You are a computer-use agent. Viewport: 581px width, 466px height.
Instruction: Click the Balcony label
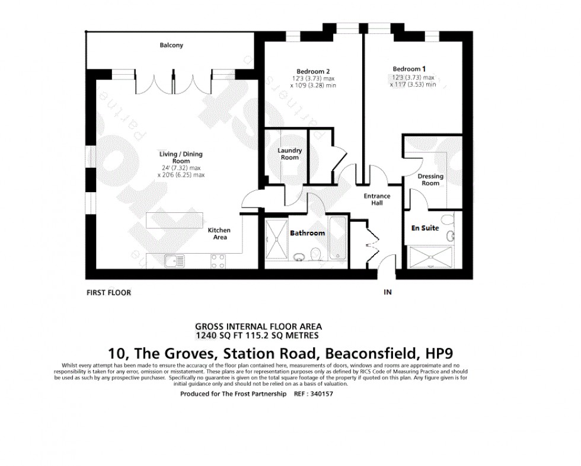tap(171, 45)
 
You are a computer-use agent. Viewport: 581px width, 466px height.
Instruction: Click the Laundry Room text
tap(290, 154)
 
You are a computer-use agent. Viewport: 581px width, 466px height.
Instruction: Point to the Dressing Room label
tap(430, 180)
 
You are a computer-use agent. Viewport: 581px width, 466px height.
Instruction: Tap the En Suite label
tap(425, 228)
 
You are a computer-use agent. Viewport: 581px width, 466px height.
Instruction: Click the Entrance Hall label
tap(377, 199)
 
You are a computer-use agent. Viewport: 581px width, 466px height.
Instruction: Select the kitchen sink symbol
tap(175, 259)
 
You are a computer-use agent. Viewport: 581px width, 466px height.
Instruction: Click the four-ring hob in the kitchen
tap(218, 259)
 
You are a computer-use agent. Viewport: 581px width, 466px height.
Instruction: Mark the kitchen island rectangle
tap(174, 221)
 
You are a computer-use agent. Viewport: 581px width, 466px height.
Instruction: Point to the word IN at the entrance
tap(388, 292)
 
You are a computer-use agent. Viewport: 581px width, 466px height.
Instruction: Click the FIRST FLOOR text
tap(108, 292)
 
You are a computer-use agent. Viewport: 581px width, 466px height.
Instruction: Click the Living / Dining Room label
tap(181, 158)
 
